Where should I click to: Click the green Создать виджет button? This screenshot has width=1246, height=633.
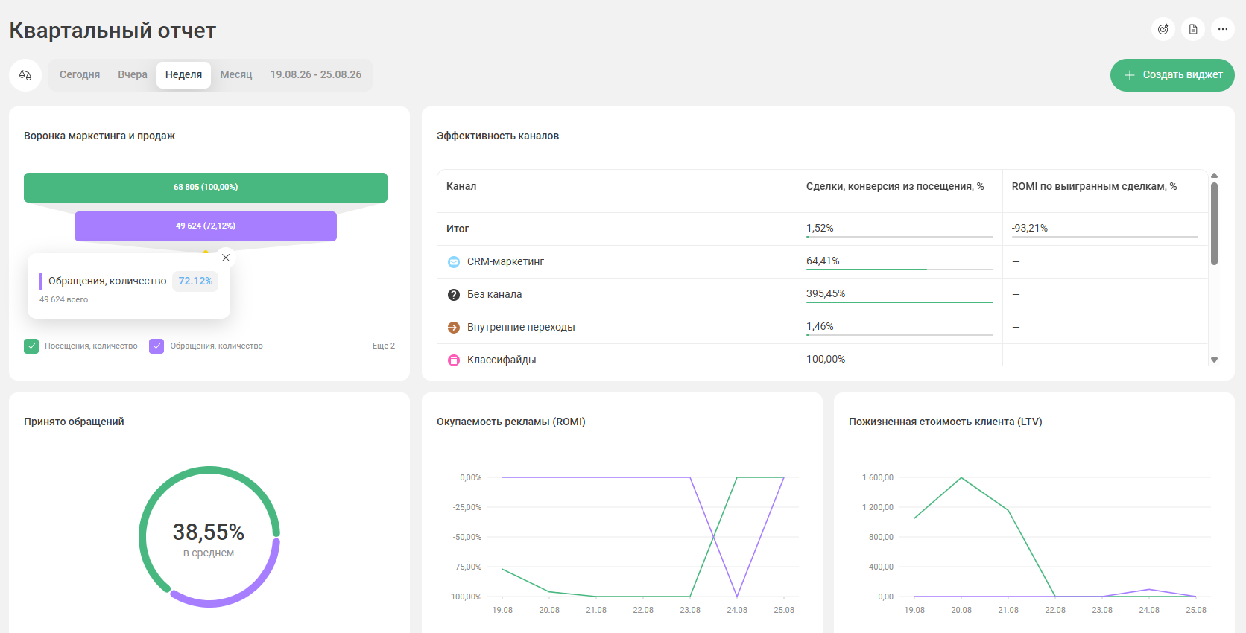1172,75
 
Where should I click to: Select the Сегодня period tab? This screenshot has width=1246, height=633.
80,75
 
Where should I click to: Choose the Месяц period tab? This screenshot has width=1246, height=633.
235,75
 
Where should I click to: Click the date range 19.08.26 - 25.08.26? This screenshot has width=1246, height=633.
316,75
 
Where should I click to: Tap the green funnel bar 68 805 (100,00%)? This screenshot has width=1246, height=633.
205,187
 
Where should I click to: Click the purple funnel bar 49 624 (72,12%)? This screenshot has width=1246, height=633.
205,226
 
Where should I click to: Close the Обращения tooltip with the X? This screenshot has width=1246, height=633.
225,258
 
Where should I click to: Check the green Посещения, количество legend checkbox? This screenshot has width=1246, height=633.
31,346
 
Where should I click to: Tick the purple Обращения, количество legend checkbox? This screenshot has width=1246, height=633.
156,346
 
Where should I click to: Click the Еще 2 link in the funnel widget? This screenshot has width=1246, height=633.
383,346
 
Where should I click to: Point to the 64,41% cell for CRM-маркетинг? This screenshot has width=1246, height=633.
823,261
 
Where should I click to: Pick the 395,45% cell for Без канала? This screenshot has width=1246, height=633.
826,293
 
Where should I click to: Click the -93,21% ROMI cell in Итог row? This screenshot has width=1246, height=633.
1029,228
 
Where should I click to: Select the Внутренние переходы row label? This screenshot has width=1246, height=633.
521,327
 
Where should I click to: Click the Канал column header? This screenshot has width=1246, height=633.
461,186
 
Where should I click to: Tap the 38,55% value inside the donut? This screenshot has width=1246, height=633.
209,532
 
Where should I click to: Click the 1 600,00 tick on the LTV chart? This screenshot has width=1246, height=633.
878,477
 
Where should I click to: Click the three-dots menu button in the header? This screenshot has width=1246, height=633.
1223,30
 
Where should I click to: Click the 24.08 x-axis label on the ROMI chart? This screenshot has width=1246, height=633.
737,610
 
